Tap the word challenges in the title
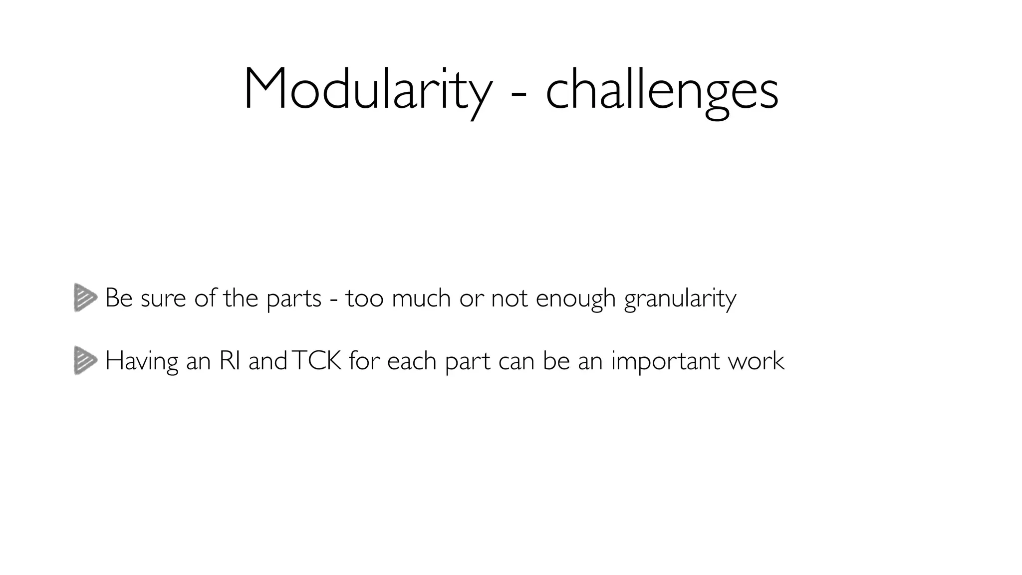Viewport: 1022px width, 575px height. click(662, 90)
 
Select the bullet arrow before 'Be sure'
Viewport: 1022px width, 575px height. click(85, 298)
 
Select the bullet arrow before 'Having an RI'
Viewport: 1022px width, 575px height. click(85, 360)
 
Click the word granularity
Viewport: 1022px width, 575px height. click(680, 299)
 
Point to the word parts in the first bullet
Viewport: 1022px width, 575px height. click(294, 299)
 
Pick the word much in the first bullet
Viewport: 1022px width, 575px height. click(421, 298)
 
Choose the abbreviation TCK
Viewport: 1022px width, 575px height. click(316, 360)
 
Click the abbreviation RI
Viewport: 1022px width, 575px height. click(230, 360)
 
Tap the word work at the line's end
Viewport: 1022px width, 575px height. click(757, 360)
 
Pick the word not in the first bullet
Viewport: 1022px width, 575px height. click(509, 298)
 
